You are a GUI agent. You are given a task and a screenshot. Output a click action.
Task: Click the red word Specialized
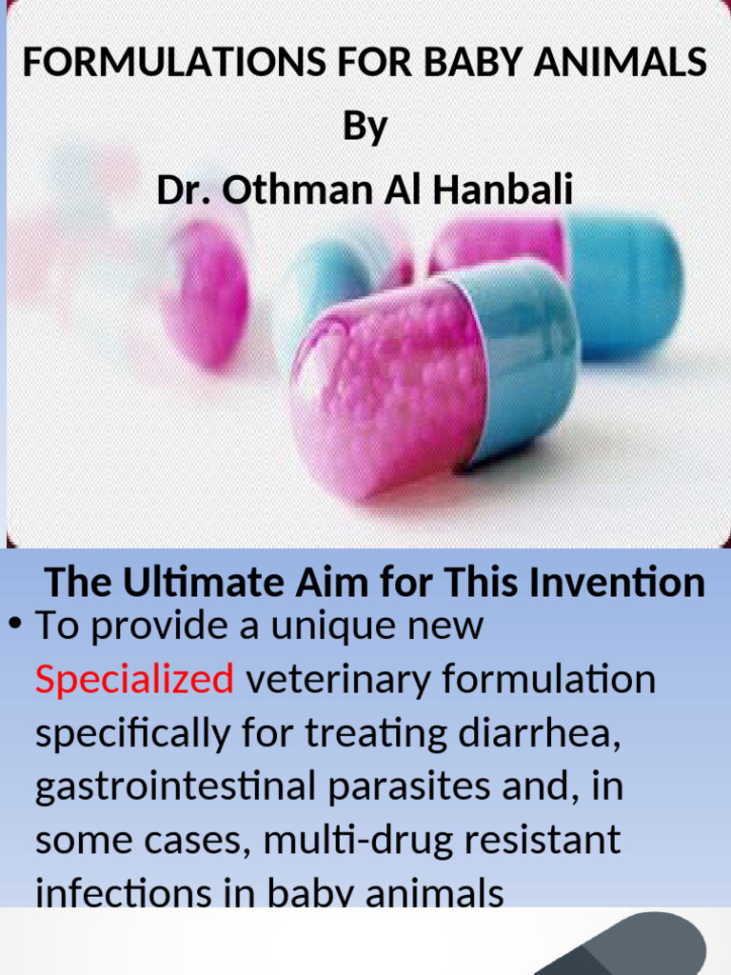tap(134, 680)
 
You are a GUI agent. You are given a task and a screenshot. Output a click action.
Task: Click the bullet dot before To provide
tap(15, 625)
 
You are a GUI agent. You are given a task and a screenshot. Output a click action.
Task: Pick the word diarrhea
tap(572, 733)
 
